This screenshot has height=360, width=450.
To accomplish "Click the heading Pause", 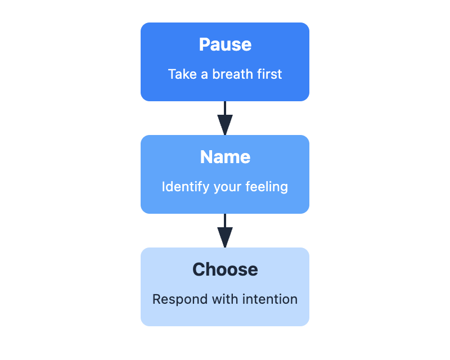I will (225, 44).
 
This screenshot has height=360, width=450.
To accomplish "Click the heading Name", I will (225, 157).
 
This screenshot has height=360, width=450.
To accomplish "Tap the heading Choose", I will (225, 269).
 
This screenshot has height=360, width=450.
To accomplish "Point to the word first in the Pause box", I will (269, 74).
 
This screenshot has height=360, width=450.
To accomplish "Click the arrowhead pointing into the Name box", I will (225, 126).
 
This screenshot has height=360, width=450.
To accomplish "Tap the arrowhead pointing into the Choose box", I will (225, 238).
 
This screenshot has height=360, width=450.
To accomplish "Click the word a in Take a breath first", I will (203, 75).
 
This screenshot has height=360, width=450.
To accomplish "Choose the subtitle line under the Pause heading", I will (225, 74).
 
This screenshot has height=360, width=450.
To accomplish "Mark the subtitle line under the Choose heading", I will (225, 299).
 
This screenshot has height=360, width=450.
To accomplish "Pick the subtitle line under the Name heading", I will (225, 187).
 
